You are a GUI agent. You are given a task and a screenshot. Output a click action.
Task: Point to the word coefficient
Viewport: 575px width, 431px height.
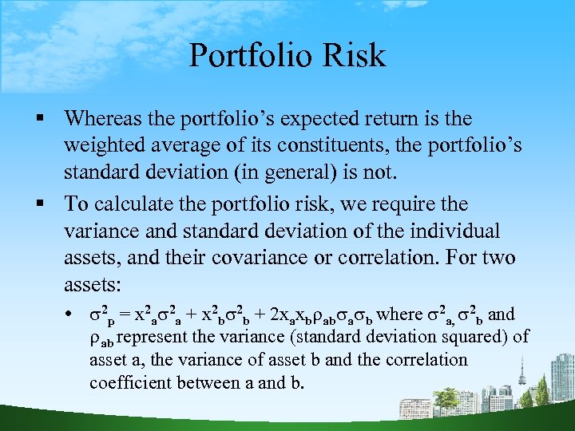[128, 382]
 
